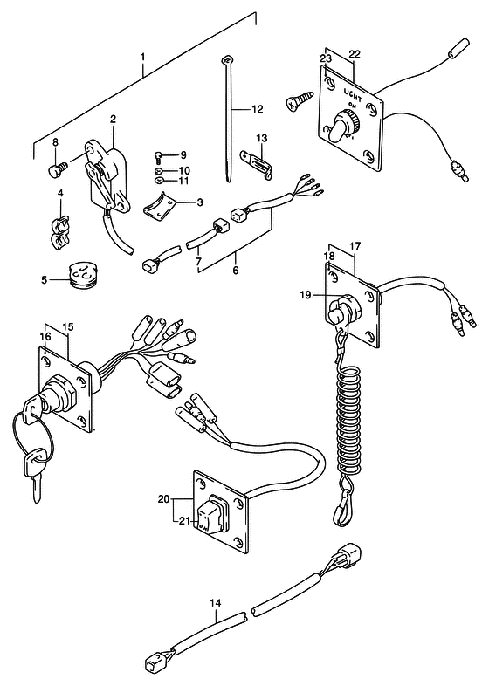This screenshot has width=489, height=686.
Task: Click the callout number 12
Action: (258, 109)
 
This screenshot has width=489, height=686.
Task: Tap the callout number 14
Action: (216, 603)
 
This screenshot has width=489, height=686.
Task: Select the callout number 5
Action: (44, 279)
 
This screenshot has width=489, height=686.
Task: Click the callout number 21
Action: (184, 520)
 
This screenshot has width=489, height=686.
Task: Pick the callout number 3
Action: (200, 202)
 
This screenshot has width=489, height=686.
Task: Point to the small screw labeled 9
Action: (158, 155)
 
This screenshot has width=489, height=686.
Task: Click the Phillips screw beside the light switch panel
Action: (300, 99)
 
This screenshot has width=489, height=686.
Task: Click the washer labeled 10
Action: (159, 170)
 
